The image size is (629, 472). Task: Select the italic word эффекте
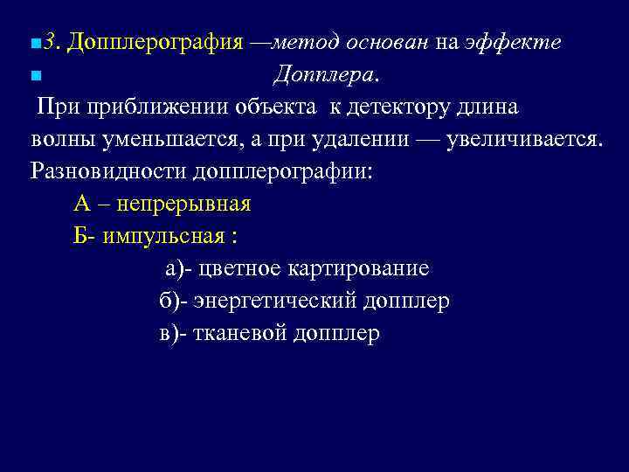pos(524,42)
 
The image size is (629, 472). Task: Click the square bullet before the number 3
pos(34,44)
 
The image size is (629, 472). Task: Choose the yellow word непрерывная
pos(183,205)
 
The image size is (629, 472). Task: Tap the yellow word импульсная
pos(168,236)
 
